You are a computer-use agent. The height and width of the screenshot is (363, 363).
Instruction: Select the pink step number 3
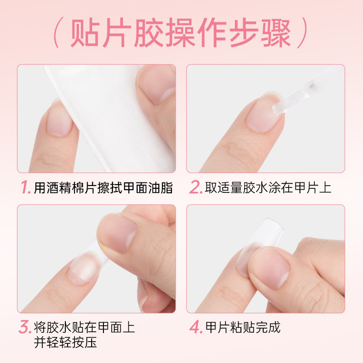[25, 328]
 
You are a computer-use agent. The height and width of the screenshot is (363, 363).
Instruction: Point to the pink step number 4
[196, 328]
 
